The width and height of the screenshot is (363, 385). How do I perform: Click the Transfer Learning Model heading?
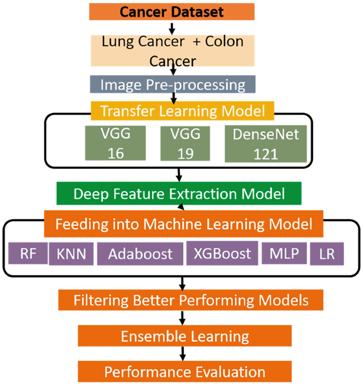pyautogui.click(x=182, y=111)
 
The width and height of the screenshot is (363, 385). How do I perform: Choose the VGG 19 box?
pyautogui.click(x=183, y=143)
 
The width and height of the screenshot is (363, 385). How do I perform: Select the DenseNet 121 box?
pyautogui.click(x=265, y=143)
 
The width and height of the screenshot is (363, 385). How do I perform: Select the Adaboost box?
pyautogui.click(x=140, y=254)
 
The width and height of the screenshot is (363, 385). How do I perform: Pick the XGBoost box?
pyautogui.click(x=222, y=253)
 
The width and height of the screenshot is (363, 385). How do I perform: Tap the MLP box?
pyautogui.click(x=284, y=254)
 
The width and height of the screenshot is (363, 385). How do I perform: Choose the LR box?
pyautogui.click(x=327, y=254)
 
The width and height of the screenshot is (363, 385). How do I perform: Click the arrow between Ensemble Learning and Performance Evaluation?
pyautogui.click(x=183, y=353)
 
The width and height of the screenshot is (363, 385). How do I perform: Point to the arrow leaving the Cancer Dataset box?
pyautogui.click(x=172, y=27)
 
